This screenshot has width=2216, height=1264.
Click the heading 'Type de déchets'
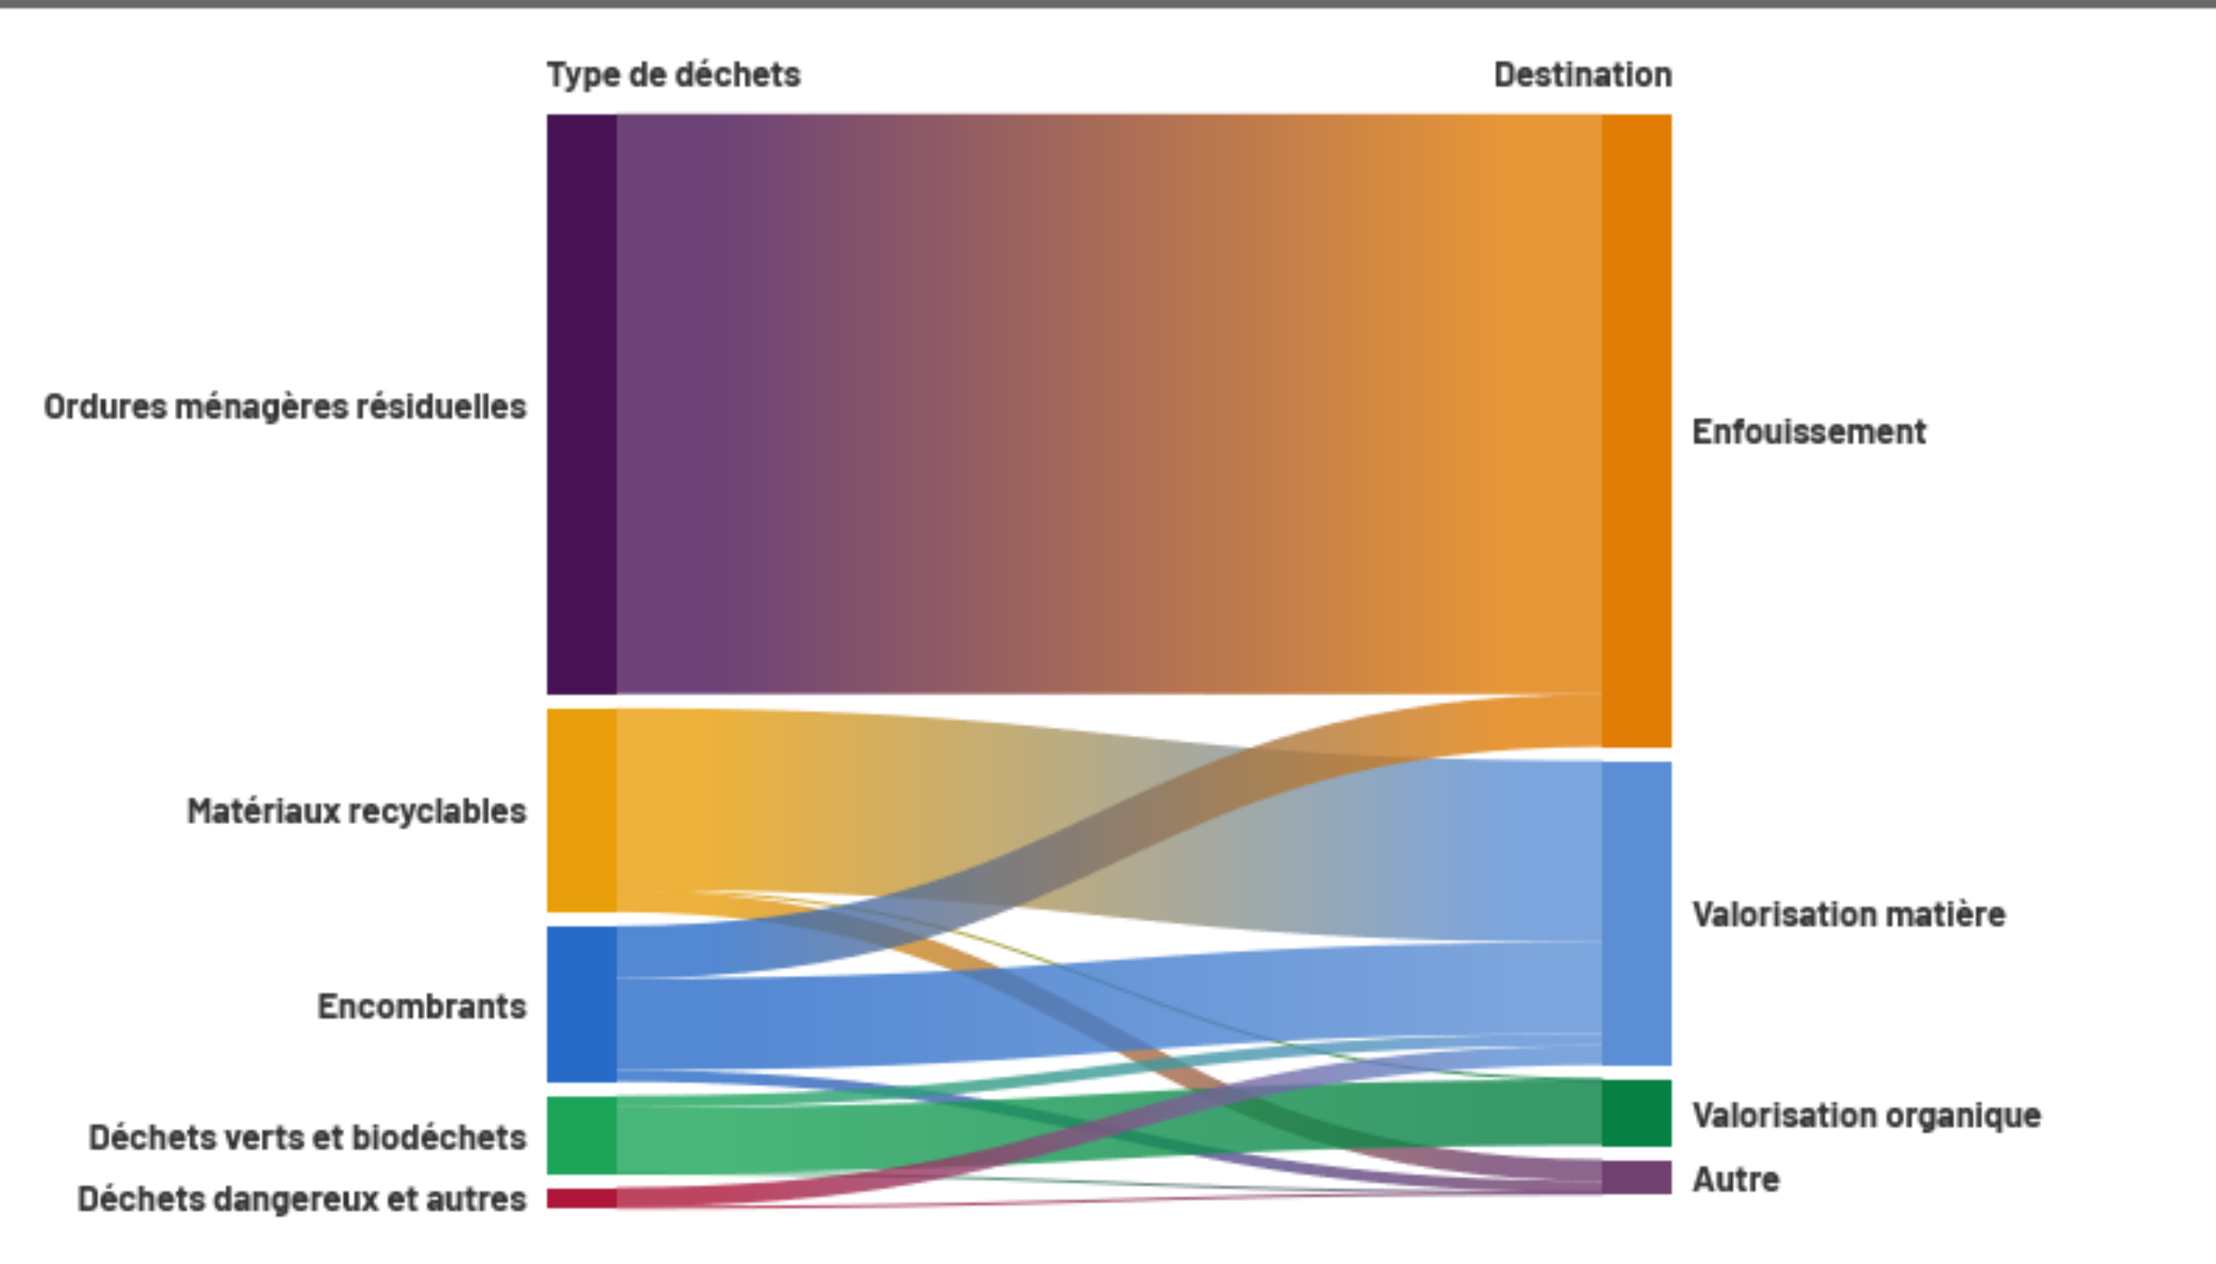673,75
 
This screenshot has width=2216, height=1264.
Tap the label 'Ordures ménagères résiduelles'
285,407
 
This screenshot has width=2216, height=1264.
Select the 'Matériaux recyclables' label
356,811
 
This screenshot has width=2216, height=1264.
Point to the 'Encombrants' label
422,1006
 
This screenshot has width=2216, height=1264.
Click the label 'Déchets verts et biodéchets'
307,1136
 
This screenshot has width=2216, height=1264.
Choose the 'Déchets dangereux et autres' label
302,1199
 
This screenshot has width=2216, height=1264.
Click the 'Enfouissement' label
1809,431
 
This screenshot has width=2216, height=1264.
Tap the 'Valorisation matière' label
1849,914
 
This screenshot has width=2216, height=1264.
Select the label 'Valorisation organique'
1867,1116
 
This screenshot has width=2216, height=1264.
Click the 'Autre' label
1736,1180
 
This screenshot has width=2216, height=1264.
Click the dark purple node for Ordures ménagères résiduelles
581,404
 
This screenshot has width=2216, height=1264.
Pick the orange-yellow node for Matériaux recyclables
581,810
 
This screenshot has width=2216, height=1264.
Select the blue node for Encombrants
581,1004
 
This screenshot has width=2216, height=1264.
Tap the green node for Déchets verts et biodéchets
581,1136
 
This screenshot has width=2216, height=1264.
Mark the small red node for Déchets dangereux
581,1199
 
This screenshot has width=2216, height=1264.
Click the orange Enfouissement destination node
1636,430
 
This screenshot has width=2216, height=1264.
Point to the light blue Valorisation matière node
1636,913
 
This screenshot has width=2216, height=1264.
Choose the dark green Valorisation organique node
1636,1113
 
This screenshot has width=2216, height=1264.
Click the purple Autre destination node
1636,1178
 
